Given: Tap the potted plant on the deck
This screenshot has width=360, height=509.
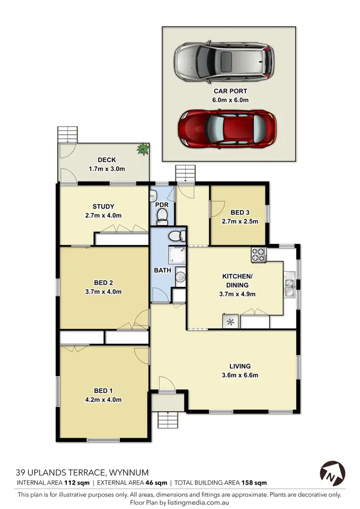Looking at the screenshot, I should pos(142,149).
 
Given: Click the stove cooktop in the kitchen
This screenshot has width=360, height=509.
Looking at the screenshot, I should pos(259,255).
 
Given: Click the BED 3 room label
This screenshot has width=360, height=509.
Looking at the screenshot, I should pos(240,213).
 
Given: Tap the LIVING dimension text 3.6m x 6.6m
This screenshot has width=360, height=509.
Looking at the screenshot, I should pos(240,375).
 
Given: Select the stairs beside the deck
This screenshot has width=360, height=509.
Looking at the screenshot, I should pos(64,134).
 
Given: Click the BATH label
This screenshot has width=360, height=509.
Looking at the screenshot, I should pos(162,271).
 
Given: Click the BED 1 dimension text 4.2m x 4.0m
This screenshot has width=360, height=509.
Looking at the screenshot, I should pos(104,400).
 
